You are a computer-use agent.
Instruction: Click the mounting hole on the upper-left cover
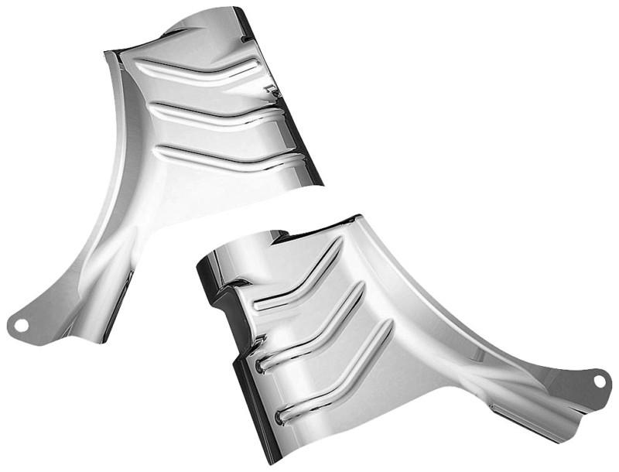[22, 324]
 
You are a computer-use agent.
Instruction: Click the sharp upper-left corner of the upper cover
[107, 52]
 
